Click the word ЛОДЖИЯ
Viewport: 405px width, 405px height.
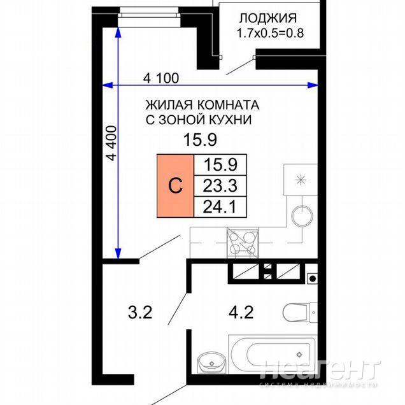click(x=268, y=18)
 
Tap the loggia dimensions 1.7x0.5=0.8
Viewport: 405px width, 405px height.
click(x=270, y=33)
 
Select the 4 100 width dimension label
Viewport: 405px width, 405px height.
click(x=161, y=78)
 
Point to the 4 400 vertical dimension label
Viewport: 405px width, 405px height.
click(x=111, y=143)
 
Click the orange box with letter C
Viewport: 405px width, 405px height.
click(x=175, y=186)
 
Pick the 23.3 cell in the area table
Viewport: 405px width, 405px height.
click(x=220, y=186)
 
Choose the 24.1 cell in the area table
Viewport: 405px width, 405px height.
click(x=220, y=207)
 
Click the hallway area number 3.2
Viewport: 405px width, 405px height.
click(x=140, y=312)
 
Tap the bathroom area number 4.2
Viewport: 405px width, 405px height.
click(x=241, y=312)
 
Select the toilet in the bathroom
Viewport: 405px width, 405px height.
click(x=300, y=312)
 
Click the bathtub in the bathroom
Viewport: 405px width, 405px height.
click(x=273, y=354)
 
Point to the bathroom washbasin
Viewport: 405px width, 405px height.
click(x=211, y=362)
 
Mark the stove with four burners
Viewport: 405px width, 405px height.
click(x=242, y=243)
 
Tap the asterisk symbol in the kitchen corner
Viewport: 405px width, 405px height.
click(x=301, y=180)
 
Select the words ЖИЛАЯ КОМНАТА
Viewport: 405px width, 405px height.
click(x=202, y=105)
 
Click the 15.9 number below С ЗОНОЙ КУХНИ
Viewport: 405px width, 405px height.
click(x=200, y=140)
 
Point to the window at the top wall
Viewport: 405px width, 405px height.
click(x=149, y=12)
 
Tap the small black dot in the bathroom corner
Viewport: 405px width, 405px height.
click(x=313, y=278)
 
